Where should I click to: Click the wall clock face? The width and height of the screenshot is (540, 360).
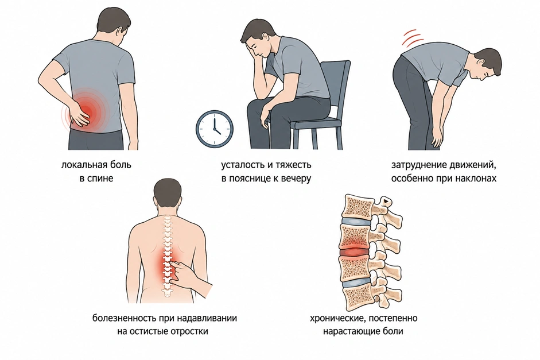[214, 129]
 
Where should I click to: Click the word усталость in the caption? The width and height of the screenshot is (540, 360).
[242, 165]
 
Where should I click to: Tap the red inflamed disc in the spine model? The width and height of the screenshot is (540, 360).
[353, 253]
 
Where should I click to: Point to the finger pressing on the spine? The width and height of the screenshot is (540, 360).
[176, 265]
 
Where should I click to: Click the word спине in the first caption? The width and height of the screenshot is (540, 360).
[100, 179]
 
